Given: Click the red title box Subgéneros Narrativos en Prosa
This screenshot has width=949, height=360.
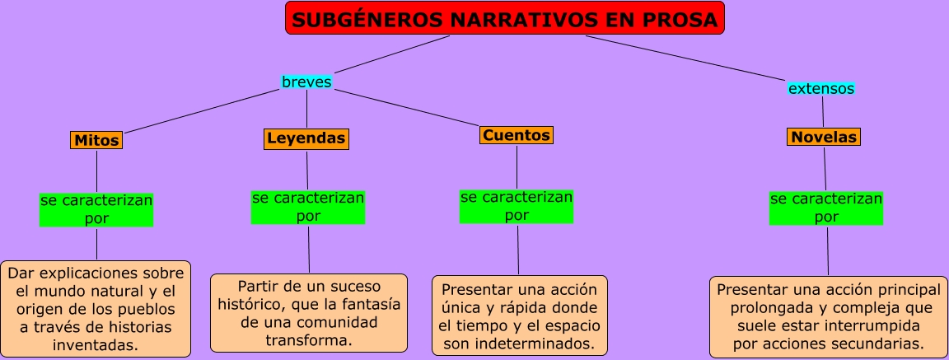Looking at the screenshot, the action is coord(505,18).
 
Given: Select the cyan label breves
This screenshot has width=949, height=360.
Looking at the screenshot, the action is coord(306,82).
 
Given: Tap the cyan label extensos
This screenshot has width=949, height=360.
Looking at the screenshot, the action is coord(820,88).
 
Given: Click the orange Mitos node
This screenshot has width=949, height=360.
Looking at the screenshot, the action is coord(96,140).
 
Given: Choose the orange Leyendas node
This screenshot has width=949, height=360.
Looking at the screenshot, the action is coord(306,138).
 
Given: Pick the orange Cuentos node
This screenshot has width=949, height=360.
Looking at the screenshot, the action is coord(517,135).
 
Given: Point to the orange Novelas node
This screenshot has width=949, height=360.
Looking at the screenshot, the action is coord(824,138).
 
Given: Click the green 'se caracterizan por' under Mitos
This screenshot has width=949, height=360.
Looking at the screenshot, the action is coord(96,209).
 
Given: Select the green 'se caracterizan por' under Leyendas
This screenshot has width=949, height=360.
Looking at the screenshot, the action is coord(308,207).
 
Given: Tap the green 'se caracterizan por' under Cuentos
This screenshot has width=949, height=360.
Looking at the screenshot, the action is coord(517,206).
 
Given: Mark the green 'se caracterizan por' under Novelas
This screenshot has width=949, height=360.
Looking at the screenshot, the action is coord(826,208).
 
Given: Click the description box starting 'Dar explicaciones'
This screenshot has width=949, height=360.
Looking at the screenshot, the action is coord(96,309).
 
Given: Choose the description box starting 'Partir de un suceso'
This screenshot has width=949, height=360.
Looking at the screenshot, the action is coord(309,313).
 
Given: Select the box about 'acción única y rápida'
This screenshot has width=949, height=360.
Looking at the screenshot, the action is coord(519,316).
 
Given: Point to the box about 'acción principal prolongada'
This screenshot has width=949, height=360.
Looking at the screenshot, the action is coord(828,317).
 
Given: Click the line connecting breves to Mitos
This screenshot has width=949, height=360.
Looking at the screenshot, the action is coord(202,111).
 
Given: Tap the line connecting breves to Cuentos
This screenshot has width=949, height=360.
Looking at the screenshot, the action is coord(407,108).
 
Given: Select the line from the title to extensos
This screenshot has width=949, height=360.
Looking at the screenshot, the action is coord(685,58).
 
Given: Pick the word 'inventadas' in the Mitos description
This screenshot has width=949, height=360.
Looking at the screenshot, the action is coord(96,345).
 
